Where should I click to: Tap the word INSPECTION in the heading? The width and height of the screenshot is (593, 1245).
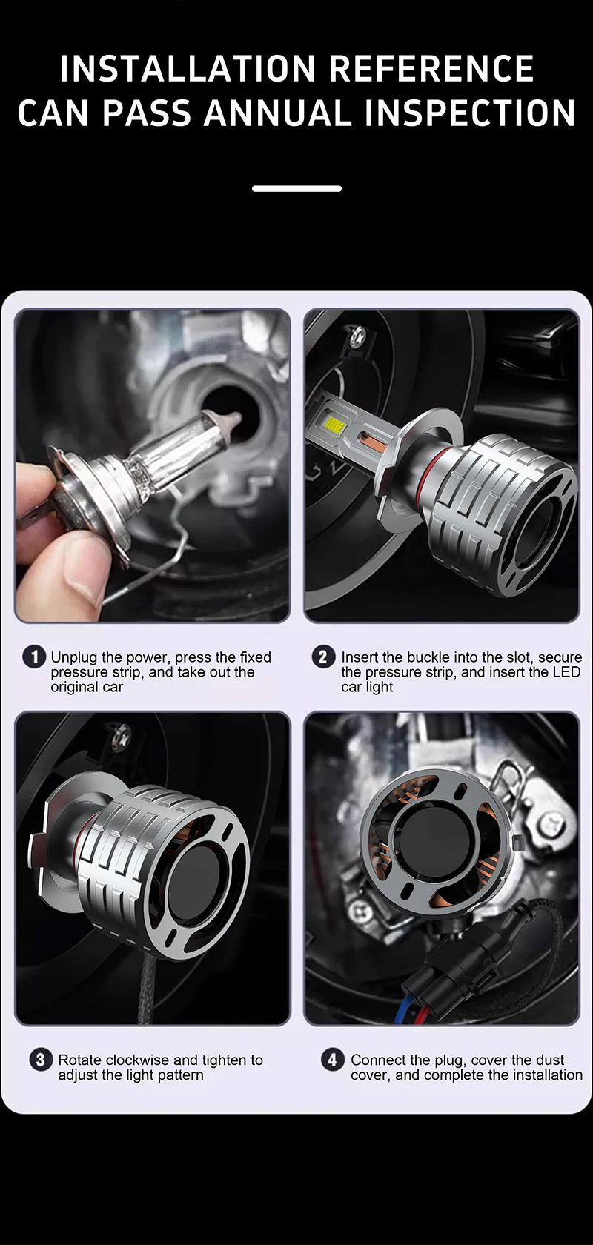point(470,113)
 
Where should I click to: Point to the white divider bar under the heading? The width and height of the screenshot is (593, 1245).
point(296,189)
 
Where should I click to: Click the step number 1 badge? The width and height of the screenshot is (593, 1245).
point(34,657)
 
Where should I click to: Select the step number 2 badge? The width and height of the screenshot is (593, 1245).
point(323,657)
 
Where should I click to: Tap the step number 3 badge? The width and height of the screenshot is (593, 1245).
point(41,1060)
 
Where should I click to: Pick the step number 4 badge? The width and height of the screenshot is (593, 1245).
point(332,1060)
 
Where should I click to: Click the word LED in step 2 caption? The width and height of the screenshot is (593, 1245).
point(566,672)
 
